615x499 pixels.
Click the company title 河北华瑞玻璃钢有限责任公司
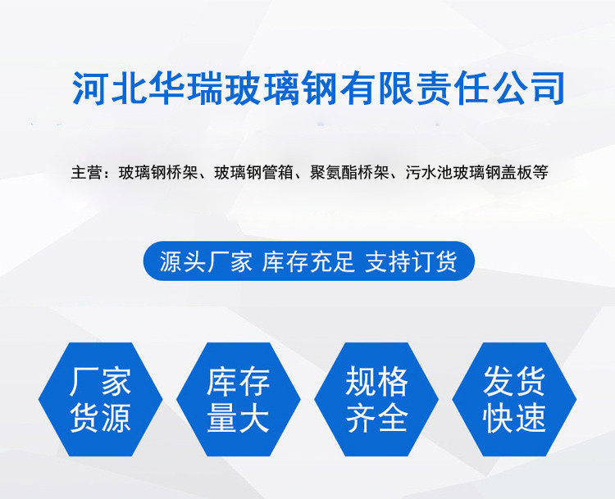pos(318,88)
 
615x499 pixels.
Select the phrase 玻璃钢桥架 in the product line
pos(158,172)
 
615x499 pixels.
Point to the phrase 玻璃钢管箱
pos(253,172)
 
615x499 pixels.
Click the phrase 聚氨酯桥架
pos(349,172)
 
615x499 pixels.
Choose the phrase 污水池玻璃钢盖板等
pos(476,172)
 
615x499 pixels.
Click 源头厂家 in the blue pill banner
pos(206,261)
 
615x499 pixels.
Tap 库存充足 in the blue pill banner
pos(308,261)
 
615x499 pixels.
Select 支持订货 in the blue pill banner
pos(411,261)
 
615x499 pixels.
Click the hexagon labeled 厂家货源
pos(100,399)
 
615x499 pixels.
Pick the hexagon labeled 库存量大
pos(239,399)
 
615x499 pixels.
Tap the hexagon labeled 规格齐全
pos(376,399)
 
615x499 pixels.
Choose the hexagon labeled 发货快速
pos(515,399)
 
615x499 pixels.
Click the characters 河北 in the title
pos(108,88)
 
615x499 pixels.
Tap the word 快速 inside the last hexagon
pos(515,418)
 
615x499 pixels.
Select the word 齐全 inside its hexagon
pos(376,418)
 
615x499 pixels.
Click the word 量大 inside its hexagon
pos(239,418)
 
